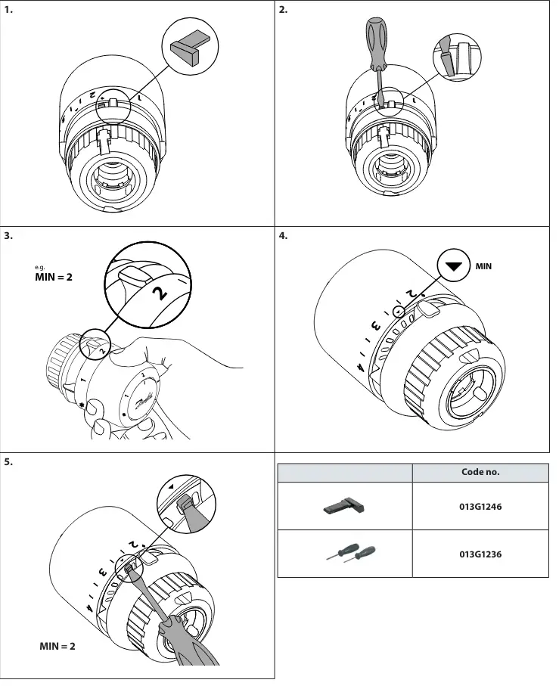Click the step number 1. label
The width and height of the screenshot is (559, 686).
[9, 10]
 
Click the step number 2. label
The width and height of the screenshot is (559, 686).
[284, 10]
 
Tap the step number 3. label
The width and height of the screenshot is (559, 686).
[9, 235]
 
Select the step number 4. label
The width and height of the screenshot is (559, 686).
[284, 235]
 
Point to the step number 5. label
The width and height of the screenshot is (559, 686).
[9, 461]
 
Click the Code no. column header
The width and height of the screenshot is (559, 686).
[480, 472]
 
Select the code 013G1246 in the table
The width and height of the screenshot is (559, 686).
[480, 507]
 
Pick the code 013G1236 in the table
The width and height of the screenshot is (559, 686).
[480, 554]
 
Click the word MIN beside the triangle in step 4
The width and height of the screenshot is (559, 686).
[483, 266]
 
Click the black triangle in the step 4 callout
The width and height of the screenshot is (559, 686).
[453, 267]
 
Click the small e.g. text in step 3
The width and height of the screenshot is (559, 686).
[40, 267]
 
